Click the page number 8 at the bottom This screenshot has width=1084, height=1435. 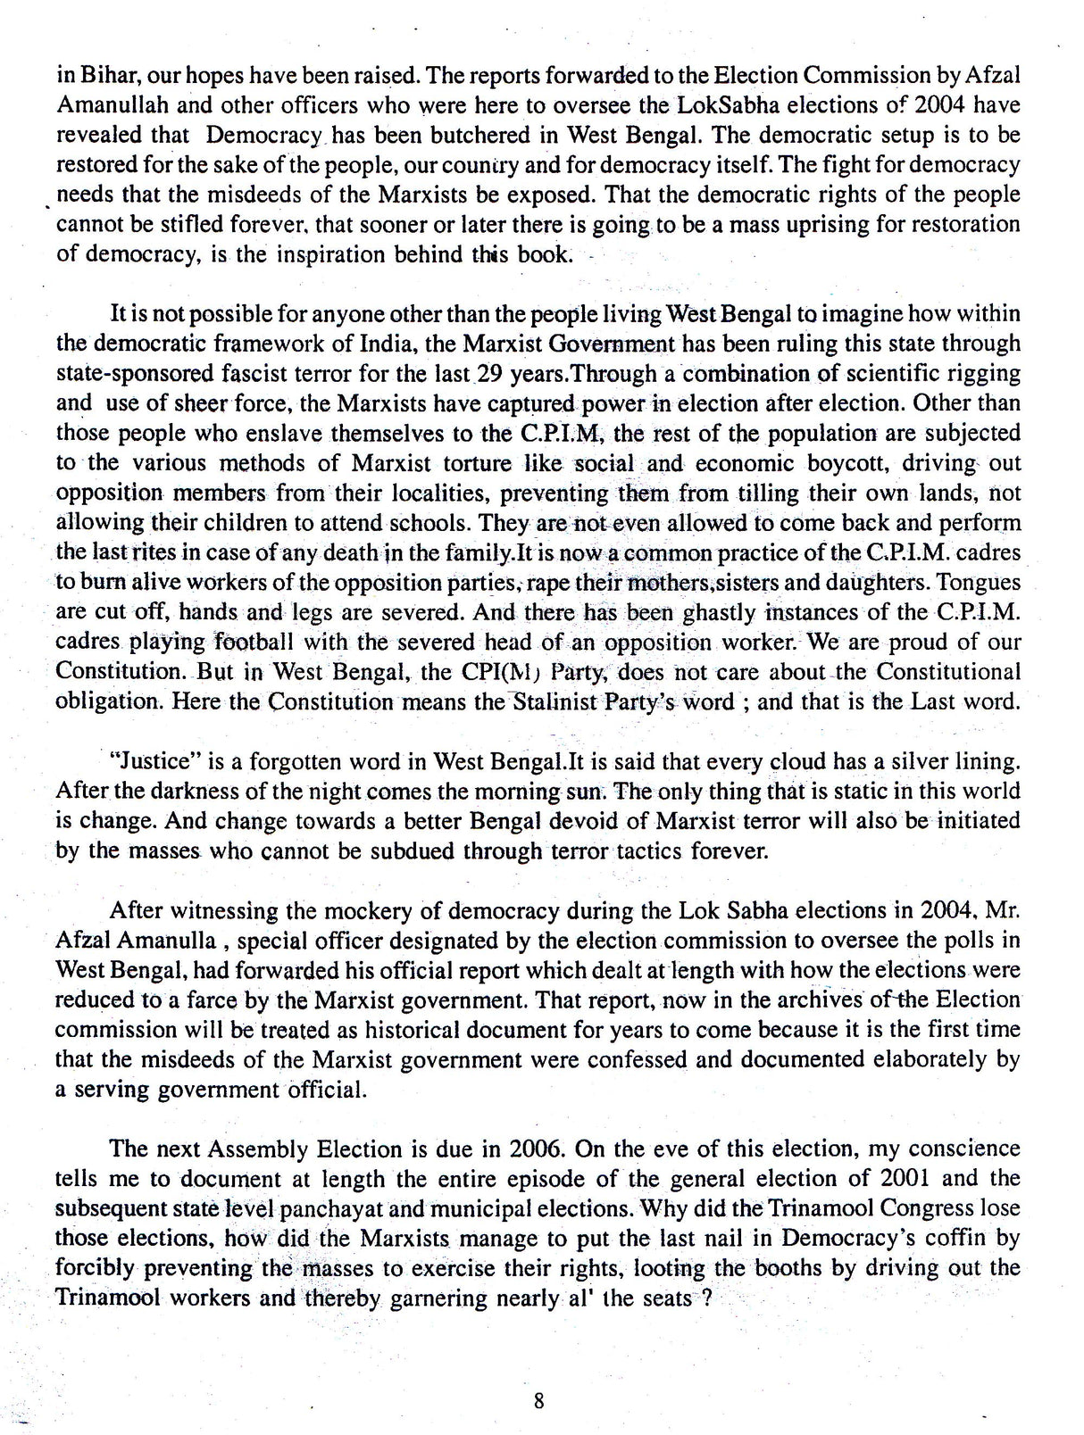point(538,1400)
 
